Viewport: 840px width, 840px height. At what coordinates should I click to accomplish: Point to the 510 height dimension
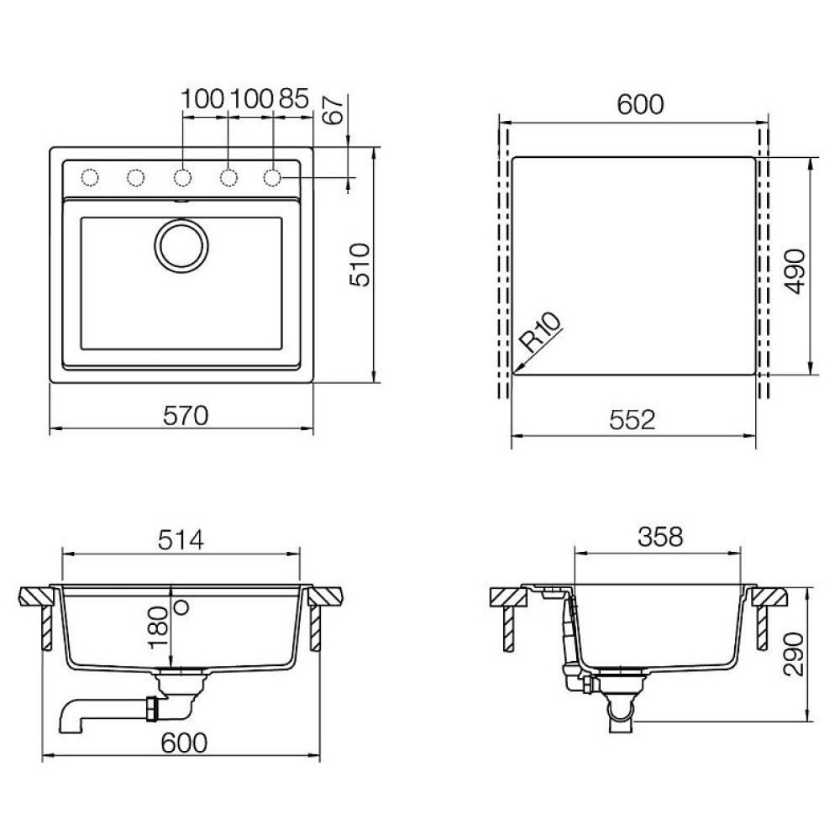360,265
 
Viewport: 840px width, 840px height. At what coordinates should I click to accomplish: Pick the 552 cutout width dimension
632,419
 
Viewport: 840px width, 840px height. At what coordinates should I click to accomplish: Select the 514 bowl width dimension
181,540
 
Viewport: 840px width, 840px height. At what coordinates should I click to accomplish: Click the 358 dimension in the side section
659,537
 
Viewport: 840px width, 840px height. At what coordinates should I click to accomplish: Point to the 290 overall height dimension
794,656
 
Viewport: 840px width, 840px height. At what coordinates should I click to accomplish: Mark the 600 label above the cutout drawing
640,103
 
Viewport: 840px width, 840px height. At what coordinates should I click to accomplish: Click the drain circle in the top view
180,246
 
